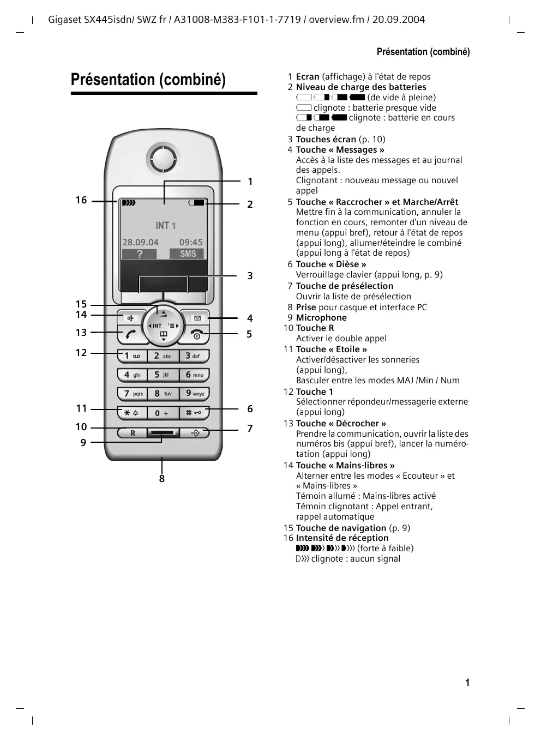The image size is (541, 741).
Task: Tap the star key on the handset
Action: pos(131,413)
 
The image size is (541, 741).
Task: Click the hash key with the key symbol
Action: pos(194,413)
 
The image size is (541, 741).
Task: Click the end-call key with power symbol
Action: pos(197,335)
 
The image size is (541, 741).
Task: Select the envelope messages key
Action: pos(197,318)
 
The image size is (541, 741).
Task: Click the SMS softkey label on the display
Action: pos(188,254)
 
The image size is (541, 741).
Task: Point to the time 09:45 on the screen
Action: pos(191,242)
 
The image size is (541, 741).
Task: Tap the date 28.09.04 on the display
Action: pos(140,242)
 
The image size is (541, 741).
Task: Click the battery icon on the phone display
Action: pos(196,203)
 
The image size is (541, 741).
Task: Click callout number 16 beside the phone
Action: pos(81,200)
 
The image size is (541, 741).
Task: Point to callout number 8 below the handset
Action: pos(162,479)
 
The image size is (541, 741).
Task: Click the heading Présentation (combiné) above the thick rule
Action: pos(148,80)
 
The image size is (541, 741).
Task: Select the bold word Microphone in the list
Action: pos(321,318)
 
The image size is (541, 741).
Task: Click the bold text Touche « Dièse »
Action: pos(331,264)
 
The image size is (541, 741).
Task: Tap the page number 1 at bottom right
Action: pos(467,682)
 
